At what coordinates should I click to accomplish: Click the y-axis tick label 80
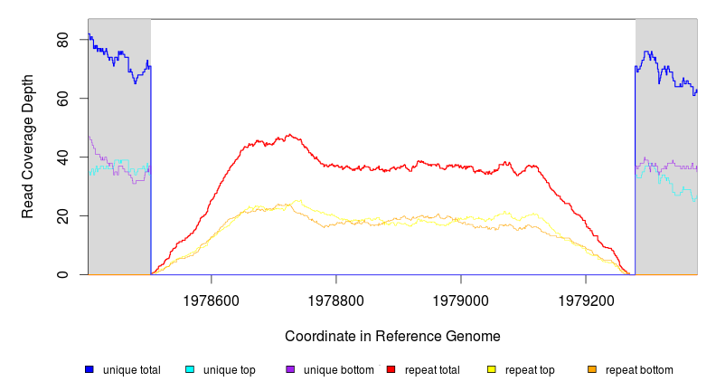pyautogui.click(x=61, y=41)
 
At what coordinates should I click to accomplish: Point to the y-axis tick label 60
pyautogui.click(x=61, y=99)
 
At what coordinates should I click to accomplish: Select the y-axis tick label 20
pyautogui.click(x=61, y=215)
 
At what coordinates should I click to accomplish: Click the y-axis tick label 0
pyautogui.click(x=61, y=274)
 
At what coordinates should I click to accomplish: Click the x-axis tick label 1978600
pyautogui.click(x=212, y=298)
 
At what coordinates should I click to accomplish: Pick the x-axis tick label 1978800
pyautogui.click(x=336, y=298)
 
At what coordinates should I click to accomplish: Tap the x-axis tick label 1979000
pyautogui.click(x=461, y=298)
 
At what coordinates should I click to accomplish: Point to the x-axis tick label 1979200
pyautogui.click(x=586, y=298)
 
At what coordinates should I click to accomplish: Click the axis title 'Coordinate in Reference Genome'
pyautogui.click(x=392, y=336)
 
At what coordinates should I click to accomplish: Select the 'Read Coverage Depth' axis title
pyautogui.click(x=28, y=147)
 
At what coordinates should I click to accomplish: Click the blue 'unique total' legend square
pyautogui.click(x=89, y=369)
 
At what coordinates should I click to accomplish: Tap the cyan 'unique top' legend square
pyautogui.click(x=190, y=369)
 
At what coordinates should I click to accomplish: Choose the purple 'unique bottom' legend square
pyautogui.click(x=290, y=369)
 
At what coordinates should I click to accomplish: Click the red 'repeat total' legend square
pyautogui.click(x=391, y=369)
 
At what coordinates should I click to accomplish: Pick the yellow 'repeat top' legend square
pyautogui.click(x=492, y=369)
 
